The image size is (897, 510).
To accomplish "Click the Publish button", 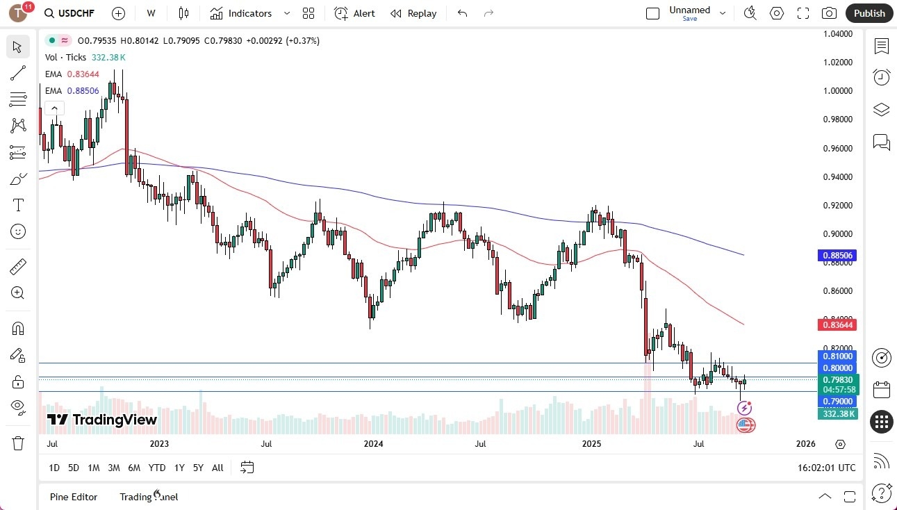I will click(869, 13).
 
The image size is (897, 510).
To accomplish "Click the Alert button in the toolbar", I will click(354, 13).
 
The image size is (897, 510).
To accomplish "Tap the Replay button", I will click(413, 13).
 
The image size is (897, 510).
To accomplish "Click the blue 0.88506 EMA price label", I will click(839, 256).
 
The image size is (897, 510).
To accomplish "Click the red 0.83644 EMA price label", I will click(839, 324).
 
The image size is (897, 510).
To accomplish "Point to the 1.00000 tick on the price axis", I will click(838, 91).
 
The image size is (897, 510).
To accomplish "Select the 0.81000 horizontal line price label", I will click(838, 356).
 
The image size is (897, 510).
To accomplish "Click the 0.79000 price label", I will click(838, 402).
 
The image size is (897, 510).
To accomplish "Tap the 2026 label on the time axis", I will click(805, 443).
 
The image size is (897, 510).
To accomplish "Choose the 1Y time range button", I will click(179, 468).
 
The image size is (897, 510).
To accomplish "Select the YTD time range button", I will click(157, 468).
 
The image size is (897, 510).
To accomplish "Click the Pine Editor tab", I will click(74, 497).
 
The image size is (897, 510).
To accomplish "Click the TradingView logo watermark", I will click(102, 420).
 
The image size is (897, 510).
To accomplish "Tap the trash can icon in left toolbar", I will click(18, 443).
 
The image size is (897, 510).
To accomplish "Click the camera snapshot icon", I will click(829, 13).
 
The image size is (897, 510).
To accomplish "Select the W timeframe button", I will click(151, 13).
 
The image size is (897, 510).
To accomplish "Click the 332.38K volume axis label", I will click(838, 413).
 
